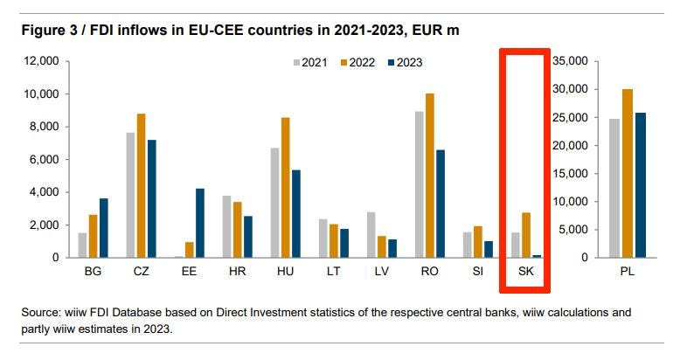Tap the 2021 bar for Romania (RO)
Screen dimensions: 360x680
click(x=420, y=184)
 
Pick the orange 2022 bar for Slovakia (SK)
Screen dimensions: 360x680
click(x=525, y=235)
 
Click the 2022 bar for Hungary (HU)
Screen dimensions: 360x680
click(x=284, y=187)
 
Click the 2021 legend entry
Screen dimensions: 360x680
click(x=312, y=62)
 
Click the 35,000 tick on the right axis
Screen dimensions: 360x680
click(x=573, y=61)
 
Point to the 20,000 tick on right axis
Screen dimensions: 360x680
click(x=573, y=145)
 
